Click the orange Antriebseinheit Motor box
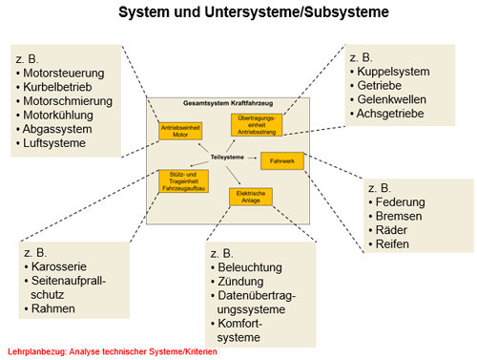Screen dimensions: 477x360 click(180, 131)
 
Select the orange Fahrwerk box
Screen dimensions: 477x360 click(282, 160)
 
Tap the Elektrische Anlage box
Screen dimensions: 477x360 click(251, 197)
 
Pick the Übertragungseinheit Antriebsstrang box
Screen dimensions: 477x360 click(257, 125)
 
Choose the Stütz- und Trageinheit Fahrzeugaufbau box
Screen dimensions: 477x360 click(183, 181)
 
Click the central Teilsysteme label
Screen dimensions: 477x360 click(227, 158)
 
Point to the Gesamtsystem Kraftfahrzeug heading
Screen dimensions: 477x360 click(228, 103)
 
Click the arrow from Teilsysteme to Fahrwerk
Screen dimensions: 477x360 click(252, 158)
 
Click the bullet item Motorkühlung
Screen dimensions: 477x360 click(54, 116)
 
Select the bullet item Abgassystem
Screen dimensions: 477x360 click(54, 129)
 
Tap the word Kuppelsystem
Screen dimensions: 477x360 click(393, 72)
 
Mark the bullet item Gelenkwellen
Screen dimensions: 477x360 click(388, 99)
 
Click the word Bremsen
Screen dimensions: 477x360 click(399, 216)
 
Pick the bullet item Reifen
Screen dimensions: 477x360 click(389, 244)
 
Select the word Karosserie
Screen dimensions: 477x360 click(59, 266)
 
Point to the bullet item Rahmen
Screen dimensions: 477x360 click(50, 308)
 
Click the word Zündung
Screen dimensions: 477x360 click(240, 282)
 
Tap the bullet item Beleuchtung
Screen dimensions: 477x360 click(246, 267)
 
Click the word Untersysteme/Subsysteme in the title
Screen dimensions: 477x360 click(297, 12)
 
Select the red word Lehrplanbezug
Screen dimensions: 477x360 click(37, 351)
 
